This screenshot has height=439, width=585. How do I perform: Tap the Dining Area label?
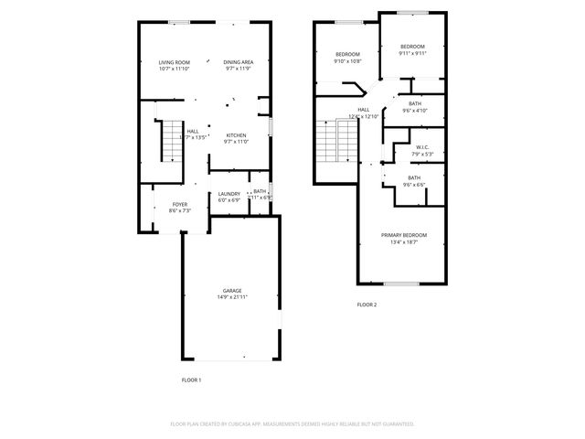pos(238,62)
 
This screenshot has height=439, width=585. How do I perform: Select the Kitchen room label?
pos(236,135)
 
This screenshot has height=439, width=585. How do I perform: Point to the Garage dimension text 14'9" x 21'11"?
pos(232,297)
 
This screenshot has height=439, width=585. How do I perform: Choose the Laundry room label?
pos(229,193)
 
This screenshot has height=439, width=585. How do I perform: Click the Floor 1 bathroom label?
pos(260,191)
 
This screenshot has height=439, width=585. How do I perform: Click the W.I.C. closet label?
pos(422,147)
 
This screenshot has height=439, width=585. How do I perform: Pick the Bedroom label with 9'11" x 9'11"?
pos(412,47)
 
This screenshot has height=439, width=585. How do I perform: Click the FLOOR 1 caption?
pos(191,379)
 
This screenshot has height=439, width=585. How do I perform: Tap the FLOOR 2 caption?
pos(367,305)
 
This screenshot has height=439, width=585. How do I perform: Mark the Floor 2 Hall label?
pos(363,109)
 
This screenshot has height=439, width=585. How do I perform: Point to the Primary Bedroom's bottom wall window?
pos(401,284)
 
